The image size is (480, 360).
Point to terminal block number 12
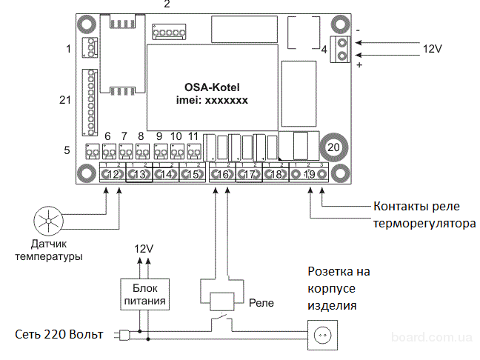tap(113, 175)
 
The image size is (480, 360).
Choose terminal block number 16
tap(221, 175)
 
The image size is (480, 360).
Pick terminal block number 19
tap(310, 175)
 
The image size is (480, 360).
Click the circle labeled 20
tap(333, 147)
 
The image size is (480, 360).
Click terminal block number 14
tap(167, 175)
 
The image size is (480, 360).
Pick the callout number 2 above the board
tap(167, 4)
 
